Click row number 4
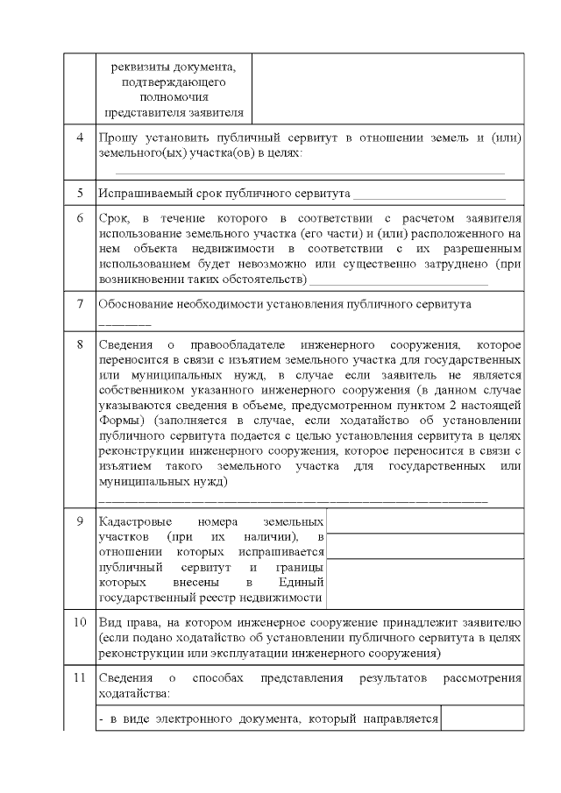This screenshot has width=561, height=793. tap(80, 138)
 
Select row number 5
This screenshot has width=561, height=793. tap(80, 192)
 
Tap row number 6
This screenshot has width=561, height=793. tap(80, 216)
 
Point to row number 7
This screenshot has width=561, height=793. tap(80, 304)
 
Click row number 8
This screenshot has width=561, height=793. tap(80, 344)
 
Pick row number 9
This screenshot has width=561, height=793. tap(80, 520)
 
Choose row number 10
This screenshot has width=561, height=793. tap(80, 622)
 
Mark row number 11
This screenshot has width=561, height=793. tap(80, 678)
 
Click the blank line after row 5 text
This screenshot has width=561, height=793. tap(429, 194)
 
